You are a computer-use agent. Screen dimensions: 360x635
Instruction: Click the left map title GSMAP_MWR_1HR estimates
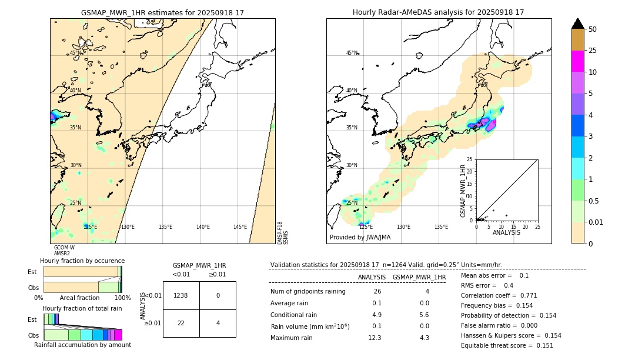point(162,12)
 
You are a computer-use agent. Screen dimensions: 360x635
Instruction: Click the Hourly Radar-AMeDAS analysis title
point(438,12)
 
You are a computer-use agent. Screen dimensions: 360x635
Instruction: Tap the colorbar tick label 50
point(593,29)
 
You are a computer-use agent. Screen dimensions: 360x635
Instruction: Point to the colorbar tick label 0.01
point(596,222)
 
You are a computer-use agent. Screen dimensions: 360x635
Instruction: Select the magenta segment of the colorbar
point(578,61)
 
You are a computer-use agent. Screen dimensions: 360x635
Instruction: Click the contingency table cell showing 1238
point(181,295)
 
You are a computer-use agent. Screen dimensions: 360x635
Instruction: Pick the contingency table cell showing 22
point(181,323)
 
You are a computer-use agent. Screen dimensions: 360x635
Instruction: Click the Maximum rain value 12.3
point(375,338)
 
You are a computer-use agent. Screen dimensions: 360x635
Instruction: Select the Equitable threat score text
point(499,345)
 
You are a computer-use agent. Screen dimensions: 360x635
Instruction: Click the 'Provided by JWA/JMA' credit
point(360,238)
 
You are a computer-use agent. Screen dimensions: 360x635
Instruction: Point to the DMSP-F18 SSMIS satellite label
point(283,233)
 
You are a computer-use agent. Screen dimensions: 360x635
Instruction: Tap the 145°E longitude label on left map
point(240,227)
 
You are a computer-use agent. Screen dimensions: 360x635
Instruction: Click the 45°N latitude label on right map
point(352,53)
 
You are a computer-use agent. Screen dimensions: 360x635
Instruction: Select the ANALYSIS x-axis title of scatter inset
point(506,232)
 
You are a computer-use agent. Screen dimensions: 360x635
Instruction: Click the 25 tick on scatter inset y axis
point(470,159)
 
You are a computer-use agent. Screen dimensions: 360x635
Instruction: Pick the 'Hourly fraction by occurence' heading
point(82,261)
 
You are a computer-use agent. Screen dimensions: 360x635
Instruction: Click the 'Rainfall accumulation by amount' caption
point(82,345)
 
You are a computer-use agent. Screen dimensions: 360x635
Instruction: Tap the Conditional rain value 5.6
point(424,315)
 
